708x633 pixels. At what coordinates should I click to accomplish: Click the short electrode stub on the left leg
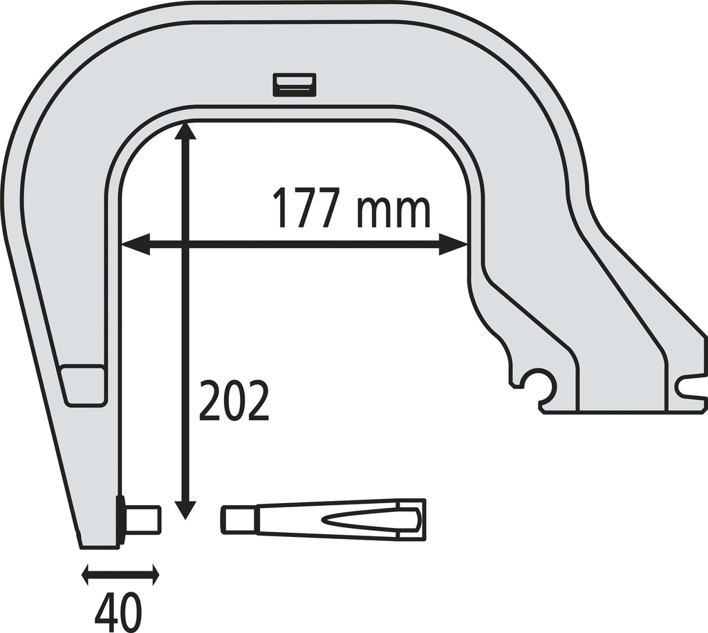point(144,519)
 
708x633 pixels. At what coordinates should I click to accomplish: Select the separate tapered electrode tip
point(323,518)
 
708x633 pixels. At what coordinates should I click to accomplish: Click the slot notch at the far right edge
point(693,387)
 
